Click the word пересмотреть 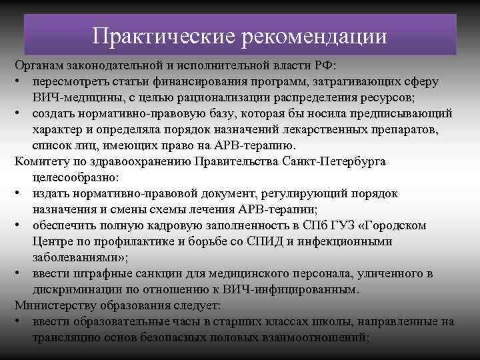coord(71,82)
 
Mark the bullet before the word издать coord(19,193)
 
